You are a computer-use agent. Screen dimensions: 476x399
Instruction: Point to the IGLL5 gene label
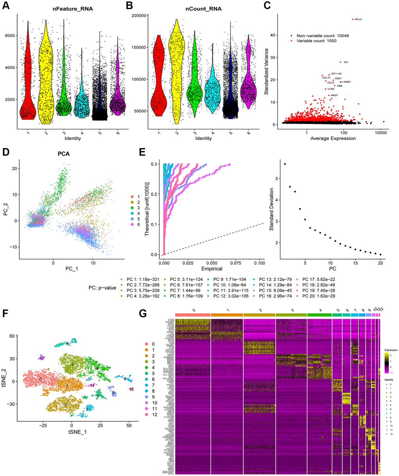[x=358, y=19]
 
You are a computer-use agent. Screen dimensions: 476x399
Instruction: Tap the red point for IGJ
[x=341, y=62]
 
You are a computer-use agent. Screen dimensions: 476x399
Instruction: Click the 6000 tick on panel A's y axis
[x=10, y=36]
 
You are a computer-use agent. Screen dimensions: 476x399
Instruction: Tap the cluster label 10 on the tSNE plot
[x=41, y=358]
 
